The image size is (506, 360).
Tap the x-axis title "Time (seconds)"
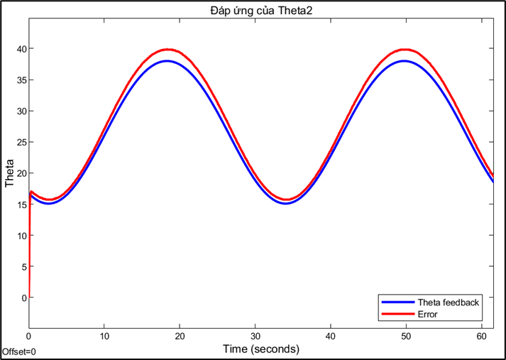(x=260, y=349)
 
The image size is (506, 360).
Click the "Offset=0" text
(x=19, y=351)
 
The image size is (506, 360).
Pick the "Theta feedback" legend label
(x=448, y=302)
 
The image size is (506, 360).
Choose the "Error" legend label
(x=428, y=314)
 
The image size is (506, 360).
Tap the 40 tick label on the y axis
(x=21, y=49)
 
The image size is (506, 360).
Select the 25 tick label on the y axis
(x=21, y=142)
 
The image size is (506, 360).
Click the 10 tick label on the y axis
(x=21, y=235)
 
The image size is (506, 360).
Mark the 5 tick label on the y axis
(x=23, y=266)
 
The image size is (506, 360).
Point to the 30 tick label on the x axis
(x=255, y=336)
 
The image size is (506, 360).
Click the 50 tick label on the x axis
(x=406, y=336)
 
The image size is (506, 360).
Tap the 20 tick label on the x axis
(x=180, y=336)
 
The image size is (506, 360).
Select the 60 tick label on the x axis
(x=481, y=336)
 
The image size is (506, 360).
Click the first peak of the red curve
(x=167, y=49)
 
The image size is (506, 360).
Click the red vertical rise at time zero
(x=29, y=241)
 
